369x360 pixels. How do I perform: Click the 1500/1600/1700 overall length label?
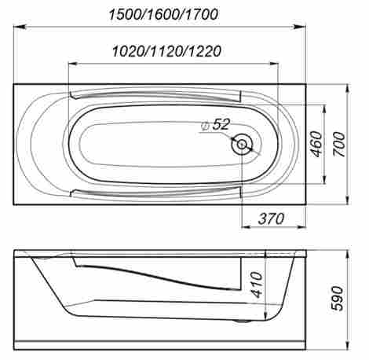(x=163, y=15)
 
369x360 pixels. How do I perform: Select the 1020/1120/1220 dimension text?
(x=166, y=51)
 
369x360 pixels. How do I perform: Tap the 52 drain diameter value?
(x=221, y=124)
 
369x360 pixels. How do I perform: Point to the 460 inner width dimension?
(x=316, y=144)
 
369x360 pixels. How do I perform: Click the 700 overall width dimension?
(x=339, y=145)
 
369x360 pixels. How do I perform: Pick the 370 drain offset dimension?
(x=271, y=219)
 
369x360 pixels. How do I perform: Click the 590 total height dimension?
(x=337, y=299)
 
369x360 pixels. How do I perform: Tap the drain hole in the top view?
(x=242, y=145)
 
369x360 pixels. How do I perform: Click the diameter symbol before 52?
(x=205, y=127)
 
